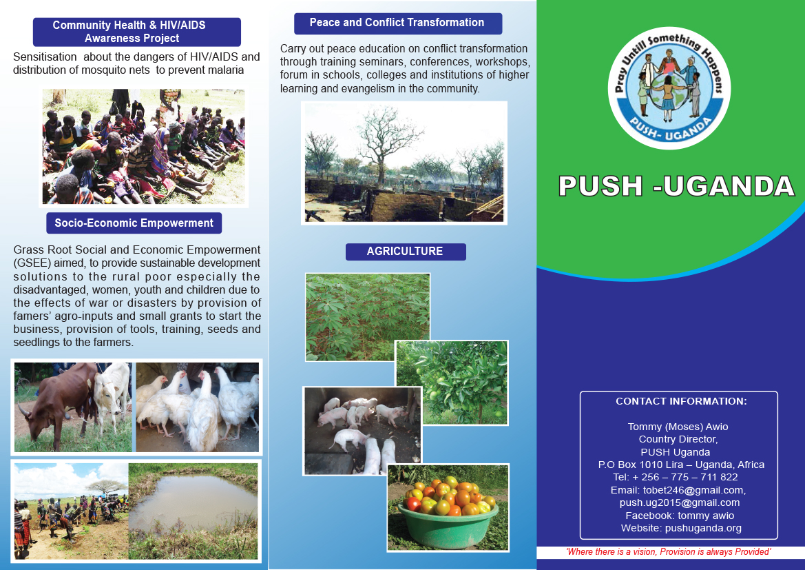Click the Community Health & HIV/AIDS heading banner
[136, 32]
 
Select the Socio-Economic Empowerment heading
[134, 223]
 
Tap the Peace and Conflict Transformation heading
[397, 23]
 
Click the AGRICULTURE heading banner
[406, 252]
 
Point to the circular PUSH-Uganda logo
[669, 88]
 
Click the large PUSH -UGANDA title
[677, 186]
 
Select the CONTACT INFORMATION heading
[681, 401]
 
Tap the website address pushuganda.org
[703, 528]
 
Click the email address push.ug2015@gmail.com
[680, 502]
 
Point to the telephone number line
[675, 477]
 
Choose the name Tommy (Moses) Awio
[678, 427]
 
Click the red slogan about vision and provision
[669, 552]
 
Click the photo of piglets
[362, 431]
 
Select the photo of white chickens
[198, 407]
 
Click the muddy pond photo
[193, 511]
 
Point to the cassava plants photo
[368, 317]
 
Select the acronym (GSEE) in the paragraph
[32, 263]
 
